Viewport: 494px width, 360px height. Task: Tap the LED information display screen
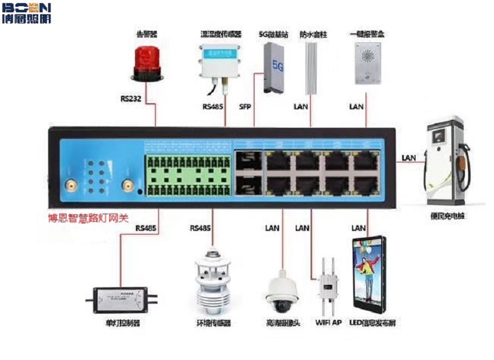point(371,275)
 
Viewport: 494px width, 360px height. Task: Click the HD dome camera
point(283,293)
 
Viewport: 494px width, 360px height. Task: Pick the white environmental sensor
point(212,281)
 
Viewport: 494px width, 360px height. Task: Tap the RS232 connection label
point(132,99)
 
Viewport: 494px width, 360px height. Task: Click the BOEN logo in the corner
point(25,13)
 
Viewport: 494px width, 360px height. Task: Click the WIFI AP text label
point(328,323)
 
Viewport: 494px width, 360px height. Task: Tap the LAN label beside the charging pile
point(408,158)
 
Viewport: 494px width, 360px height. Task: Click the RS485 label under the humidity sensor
point(214,106)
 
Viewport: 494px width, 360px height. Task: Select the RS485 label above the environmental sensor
point(201,228)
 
